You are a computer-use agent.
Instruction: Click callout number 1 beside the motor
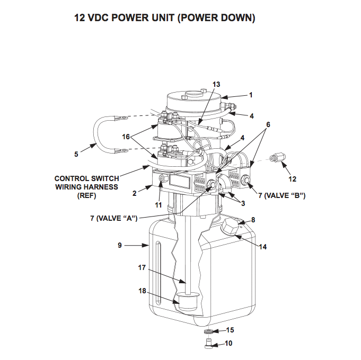pos(251,95)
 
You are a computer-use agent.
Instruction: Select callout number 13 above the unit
pos(216,84)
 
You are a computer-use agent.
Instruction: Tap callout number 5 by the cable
pos(76,154)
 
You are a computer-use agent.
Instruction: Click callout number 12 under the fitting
pos(292,178)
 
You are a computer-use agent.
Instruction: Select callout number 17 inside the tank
pos(142,267)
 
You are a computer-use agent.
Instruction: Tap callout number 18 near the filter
pos(142,291)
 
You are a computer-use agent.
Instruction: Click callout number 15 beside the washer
pos(230,330)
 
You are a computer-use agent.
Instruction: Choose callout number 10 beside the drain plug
pos(228,343)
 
